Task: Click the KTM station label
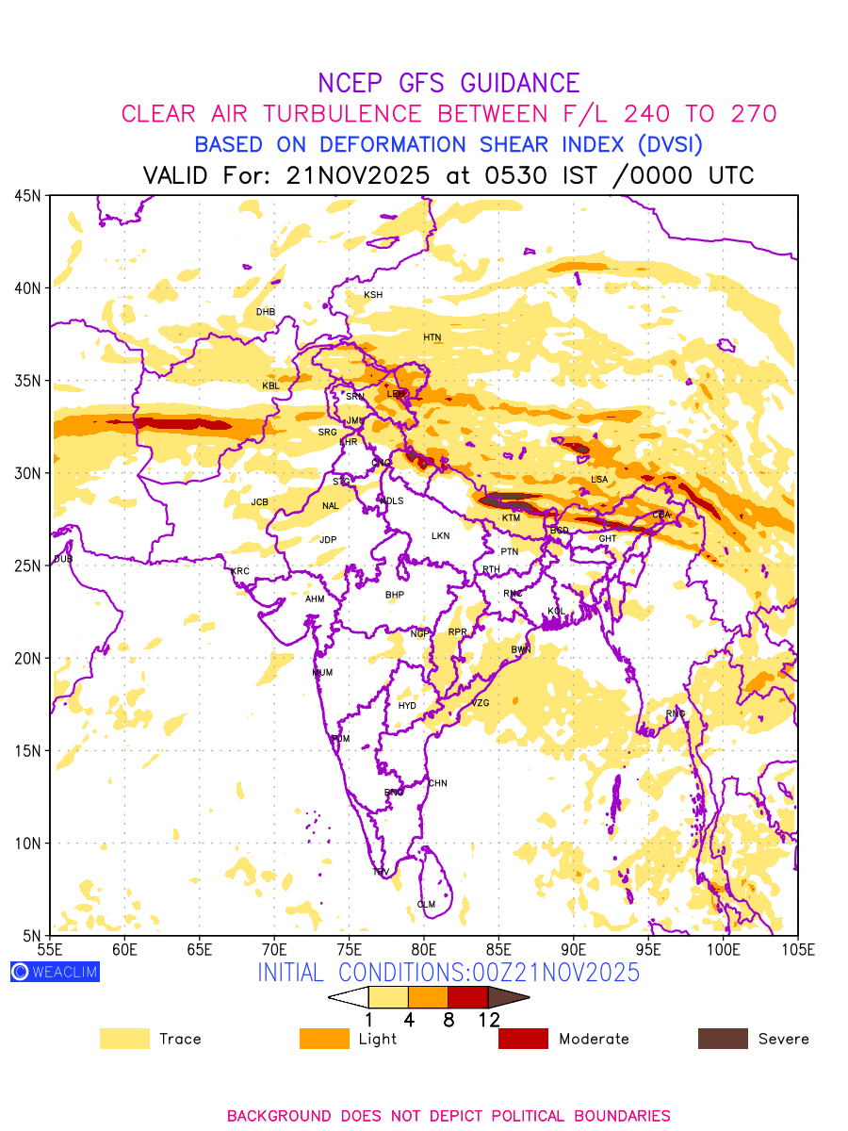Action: point(511,518)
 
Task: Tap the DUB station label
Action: point(63,559)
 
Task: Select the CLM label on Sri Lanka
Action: point(426,905)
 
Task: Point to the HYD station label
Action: point(407,706)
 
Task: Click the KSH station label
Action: point(373,295)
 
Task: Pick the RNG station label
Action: point(676,713)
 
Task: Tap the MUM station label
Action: point(322,673)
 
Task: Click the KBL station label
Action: point(271,386)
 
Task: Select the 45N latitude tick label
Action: point(28,196)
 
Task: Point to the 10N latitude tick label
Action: point(28,844)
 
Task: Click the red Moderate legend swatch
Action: point(523,1039)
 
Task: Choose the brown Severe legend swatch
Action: point(723,1039)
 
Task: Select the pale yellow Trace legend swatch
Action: point(124,1039)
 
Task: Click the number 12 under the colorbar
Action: point(488,1019)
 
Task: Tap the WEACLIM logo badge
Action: point(55,972)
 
